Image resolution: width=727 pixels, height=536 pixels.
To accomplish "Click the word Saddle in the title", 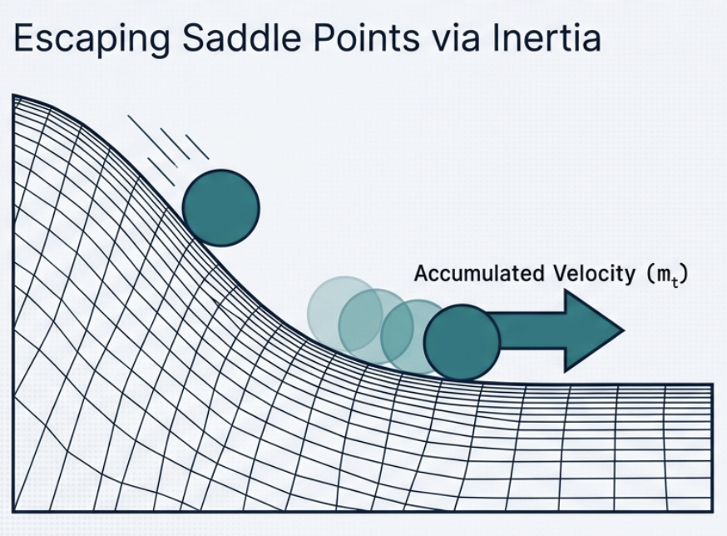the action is click(x=240, y=38).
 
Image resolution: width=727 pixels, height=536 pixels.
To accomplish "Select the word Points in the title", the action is click(x=366, y=38).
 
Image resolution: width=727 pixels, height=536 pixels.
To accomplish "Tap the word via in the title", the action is click(x=456, y=39).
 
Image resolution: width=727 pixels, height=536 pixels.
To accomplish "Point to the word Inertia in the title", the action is click(x=547, y=38).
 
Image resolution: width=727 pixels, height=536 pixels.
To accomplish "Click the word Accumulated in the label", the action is click(x=479, y=273).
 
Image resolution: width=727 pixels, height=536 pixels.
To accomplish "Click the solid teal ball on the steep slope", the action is click(x=220, y=208).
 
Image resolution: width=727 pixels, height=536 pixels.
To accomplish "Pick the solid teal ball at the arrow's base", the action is click(x=462, y=343).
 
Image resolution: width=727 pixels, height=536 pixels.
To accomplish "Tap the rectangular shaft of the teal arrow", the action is click(x=532, y=330).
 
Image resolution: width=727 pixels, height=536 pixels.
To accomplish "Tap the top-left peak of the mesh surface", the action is click(x=12, y=95).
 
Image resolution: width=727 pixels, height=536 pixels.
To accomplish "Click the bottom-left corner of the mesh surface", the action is click(x=12, y=512).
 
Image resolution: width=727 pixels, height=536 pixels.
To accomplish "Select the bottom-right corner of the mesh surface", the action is click(x=713, y=512).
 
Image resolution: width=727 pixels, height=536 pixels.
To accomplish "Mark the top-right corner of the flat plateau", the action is click(x=713, y=385).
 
